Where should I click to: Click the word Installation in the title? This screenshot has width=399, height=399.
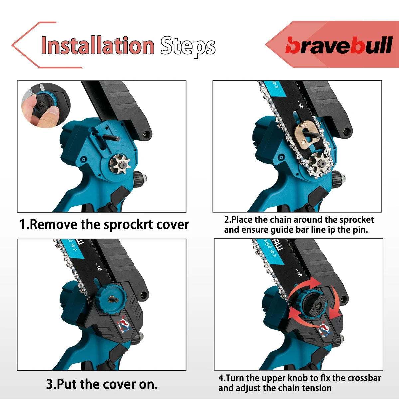coord(97,46)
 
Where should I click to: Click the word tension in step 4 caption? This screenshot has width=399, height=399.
coord(316,388)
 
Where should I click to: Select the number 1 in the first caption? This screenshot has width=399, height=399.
coord(22,225)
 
